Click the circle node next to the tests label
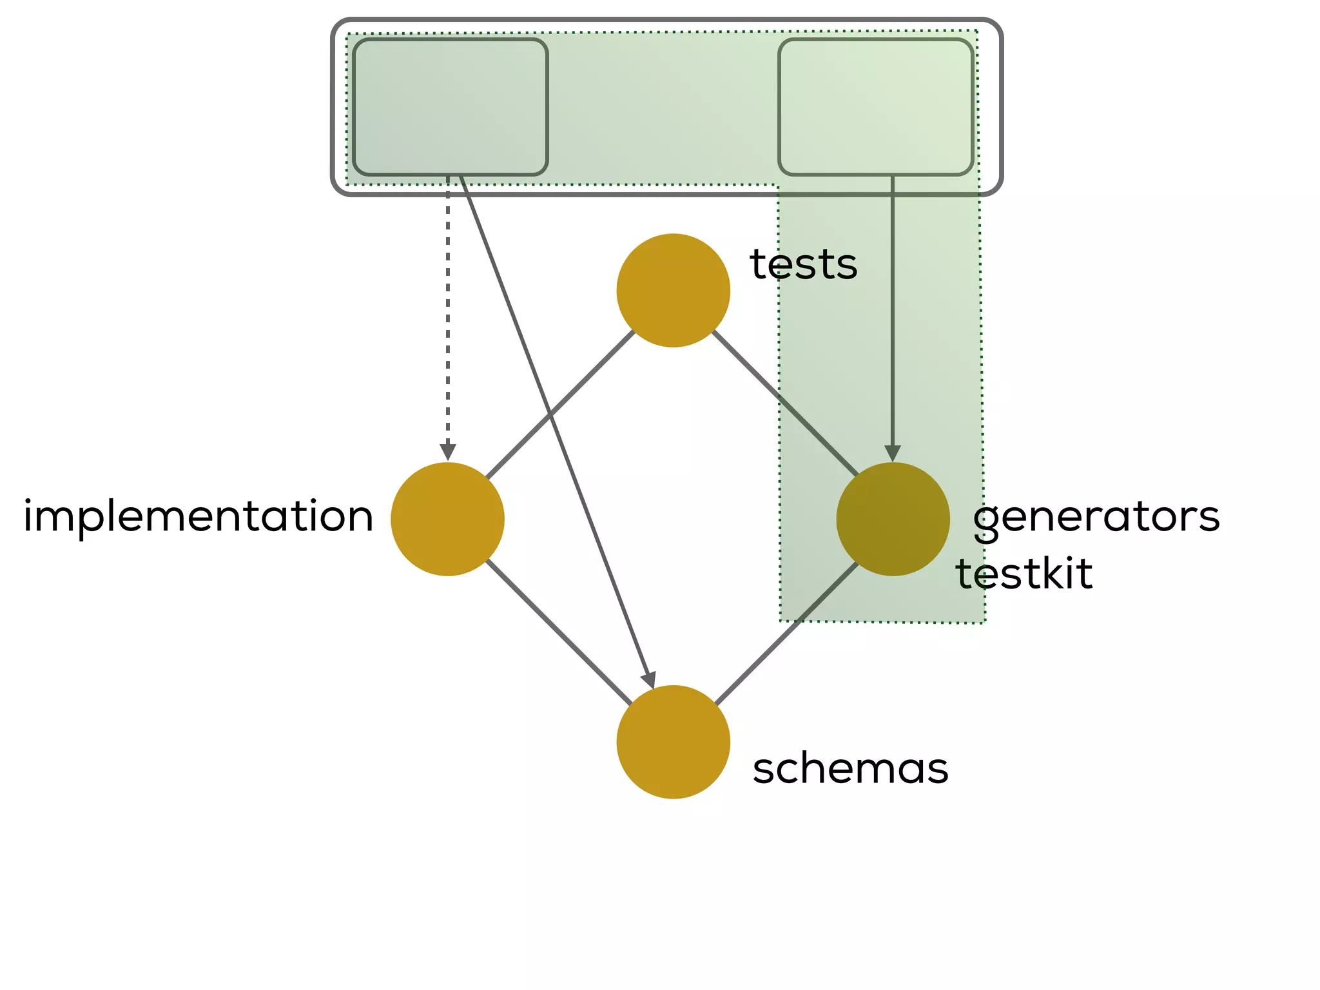[x=673, y=290]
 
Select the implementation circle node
[x=447, y=519]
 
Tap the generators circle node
[x=893, y=519]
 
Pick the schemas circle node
[x=673, y=741]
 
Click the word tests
[x=803, y=264]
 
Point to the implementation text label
[x=199, y=517]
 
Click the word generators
[x=1096, y=518]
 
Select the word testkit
[x=1024, y=574]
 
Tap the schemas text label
[x=850, y=768]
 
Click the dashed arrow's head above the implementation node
[x=447, y=451]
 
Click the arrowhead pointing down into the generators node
[x=893, y=452]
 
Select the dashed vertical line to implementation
[x=447, y=309]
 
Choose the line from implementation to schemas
[x=558, y=632]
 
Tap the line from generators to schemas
[x=786, y=633]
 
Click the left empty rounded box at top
[x=450, y=107]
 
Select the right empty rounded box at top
[x=875, y=107]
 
